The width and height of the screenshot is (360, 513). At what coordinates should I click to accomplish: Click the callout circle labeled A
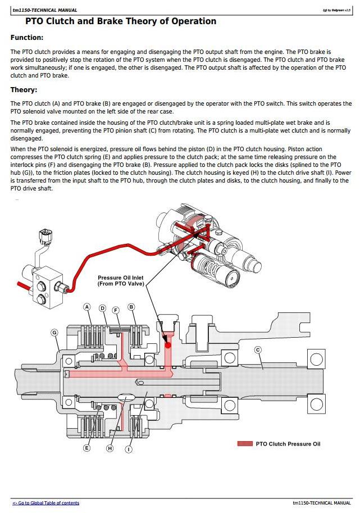coord(87,307)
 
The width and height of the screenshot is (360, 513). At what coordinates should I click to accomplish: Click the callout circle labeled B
coord(131,307)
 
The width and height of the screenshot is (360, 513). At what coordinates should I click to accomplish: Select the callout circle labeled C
coord(258,350)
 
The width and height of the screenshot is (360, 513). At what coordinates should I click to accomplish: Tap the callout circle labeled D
coord(103,308)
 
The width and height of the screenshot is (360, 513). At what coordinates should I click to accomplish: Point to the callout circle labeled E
coord(87,448)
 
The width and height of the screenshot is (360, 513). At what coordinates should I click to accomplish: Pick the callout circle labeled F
coord(116,310)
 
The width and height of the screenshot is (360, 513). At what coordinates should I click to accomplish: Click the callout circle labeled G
coord(54,333)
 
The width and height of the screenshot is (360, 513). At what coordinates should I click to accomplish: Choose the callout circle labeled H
coord(110,448)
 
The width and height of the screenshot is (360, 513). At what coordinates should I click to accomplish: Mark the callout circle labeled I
coord(129,449)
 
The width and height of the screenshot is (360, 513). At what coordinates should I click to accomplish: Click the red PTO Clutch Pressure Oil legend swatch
coord(245,444)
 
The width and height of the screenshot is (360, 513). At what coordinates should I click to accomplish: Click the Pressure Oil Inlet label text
coord(121,280)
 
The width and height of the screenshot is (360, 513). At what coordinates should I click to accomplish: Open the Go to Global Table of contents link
coord(46,503)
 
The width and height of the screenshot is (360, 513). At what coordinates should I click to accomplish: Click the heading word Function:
coord(27,38)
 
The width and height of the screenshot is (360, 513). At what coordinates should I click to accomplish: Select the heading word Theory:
coord(24,90)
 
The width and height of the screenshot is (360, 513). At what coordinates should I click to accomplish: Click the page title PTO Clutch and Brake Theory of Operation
coord(121,21)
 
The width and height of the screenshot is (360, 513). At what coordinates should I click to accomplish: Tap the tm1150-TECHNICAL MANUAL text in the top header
coord(45,10)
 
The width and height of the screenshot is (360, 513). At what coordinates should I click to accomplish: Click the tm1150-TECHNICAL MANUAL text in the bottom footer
coord(322,503)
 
